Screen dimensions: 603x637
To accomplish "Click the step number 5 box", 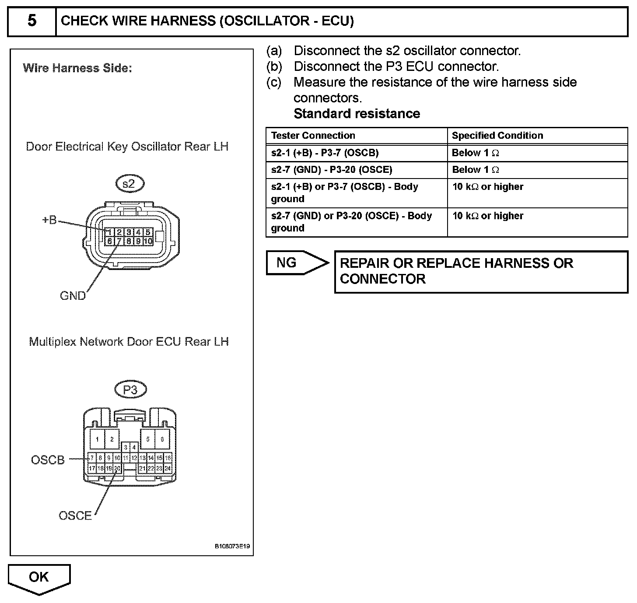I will [x=32, y=21].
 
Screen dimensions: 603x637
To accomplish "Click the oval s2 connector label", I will [x=129, y=184].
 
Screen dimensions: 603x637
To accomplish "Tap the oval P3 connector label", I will [x=130, y=389].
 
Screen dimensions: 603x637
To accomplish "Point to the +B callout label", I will [x=49, y=220].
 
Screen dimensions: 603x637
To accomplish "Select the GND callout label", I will [x=73, y=296].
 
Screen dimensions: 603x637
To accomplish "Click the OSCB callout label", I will [x=48, y=460].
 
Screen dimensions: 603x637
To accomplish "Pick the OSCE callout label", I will [x=75, y=515].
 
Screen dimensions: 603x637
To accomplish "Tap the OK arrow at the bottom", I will [x=39, y=578].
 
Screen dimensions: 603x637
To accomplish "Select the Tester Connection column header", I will [x=313, y=136].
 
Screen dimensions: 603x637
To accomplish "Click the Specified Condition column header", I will [x=497, y=136].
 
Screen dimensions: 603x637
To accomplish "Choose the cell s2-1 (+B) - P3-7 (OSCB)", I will [x=325, y=153].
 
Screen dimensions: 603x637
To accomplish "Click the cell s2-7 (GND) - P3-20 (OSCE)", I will [x=331, y=170].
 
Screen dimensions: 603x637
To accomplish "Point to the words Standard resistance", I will [x=357, y=114].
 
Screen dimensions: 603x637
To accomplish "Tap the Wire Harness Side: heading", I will [x=77, y=68].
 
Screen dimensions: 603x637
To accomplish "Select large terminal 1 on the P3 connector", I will [x=97, y=439].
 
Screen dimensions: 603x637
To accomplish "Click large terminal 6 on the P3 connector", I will [x=162, y=439].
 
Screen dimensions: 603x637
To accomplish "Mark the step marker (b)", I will [x=274, y=67].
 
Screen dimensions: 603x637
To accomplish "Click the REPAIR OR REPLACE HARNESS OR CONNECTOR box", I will [x=481, y=271].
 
